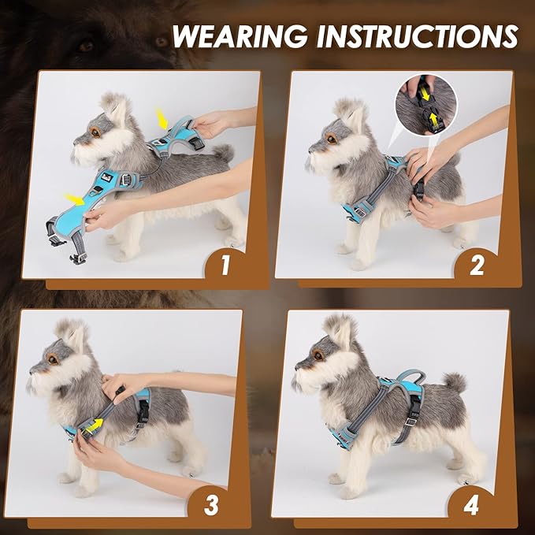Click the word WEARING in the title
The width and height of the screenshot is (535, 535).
pyautogui.click(x=240, y=36)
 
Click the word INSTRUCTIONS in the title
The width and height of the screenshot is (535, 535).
pyautogui.click(x=418, y=36)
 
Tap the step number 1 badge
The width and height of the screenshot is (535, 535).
pyautogui.click(x=225, y=266)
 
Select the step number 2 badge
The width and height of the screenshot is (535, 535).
pyautogui.click(x=477, y=266)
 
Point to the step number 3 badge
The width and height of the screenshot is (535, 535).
pyautogui.click(x=211, y=505)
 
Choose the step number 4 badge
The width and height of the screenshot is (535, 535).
pyautogui.click(x=471, y=505)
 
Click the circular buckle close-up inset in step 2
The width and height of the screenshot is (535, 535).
pyautogui.click(x=426, y=105)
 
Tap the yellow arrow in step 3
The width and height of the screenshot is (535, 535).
pyautogui.click(x=94, y=425)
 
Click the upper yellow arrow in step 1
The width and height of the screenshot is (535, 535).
pyautogui.click(x=162, y=119)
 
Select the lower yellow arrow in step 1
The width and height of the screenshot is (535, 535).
pyautogui.click(x=74, y=199)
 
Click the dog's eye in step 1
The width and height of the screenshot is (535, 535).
pyautogui.click(x=95, y=132)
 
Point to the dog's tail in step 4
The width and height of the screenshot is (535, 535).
pyautogui.click(x=455, y=383)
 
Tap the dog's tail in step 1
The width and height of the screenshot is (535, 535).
pyautogui.click(x=224, y=153)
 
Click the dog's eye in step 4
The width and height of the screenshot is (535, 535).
pyautogui.click(x=318, y=355)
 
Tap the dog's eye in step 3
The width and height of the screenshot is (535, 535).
pyautogui.click(x=53, y=359)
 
